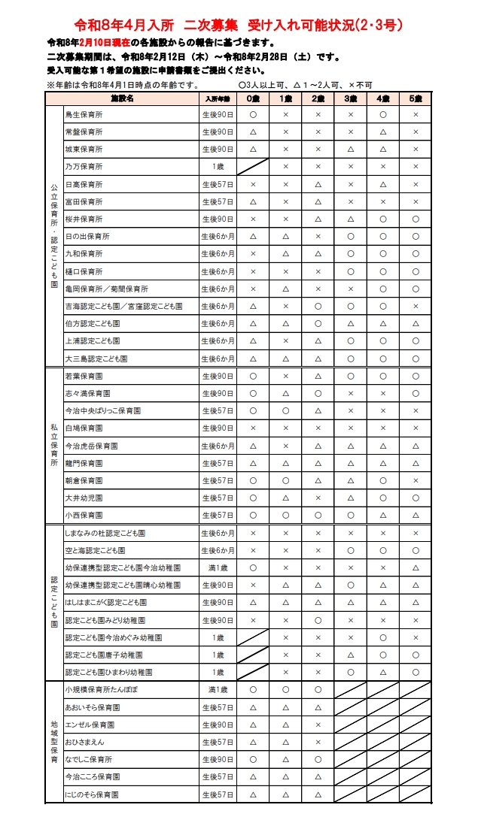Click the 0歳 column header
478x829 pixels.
tap(253, 98)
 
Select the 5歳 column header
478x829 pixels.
tap(416, 98)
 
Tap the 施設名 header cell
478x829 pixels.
tap(122, 98)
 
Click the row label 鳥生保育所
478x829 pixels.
tap(84, 115)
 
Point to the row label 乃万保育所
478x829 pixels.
tap(84, 167)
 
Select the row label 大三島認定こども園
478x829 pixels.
tap(96, 359)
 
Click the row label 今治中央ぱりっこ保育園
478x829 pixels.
tap(103, 411)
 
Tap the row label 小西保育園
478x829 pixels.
tap(84, 516)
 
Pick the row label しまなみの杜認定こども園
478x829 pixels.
tap(105, 533)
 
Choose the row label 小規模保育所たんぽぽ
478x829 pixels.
tap(102, 690)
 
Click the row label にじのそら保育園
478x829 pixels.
tap(93, 794)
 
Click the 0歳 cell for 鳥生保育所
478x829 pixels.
tap(253, 115)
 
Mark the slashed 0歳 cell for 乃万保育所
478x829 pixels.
tap(253, 167)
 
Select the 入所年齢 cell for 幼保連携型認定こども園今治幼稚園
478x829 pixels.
tap(218, 567)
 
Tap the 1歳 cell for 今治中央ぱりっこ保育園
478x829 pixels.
tap(285, 411)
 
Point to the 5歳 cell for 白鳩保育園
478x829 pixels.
tap(416, 428)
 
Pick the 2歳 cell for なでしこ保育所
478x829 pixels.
tap(318, 759)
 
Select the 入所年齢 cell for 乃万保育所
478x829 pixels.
tap(218, 167)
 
